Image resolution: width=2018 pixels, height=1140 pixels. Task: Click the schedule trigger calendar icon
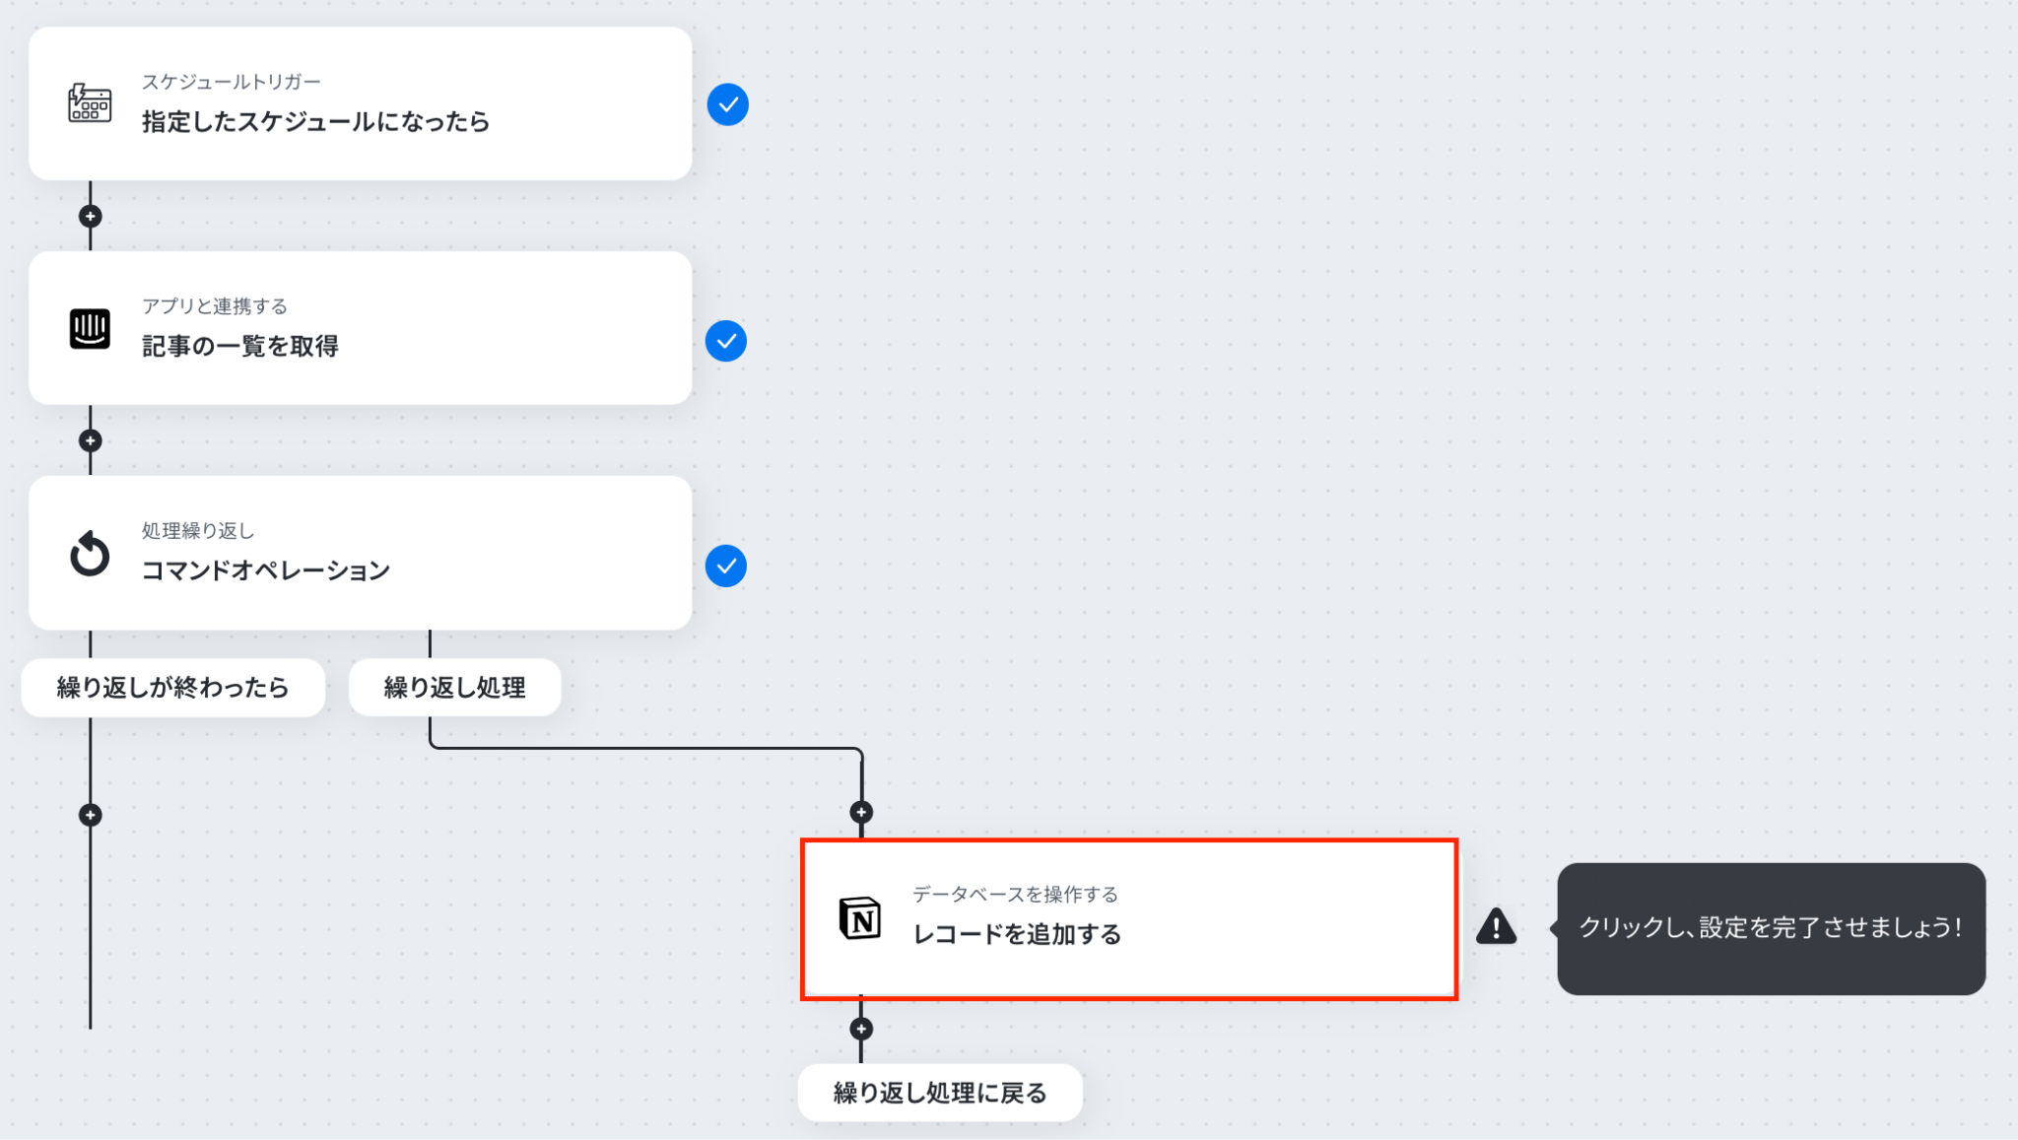point(90,102)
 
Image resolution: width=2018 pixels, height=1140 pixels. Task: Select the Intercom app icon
point(90,328)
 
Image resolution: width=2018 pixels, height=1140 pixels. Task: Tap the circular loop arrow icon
point(90,553)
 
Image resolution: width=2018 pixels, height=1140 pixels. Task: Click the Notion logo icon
point(859,918)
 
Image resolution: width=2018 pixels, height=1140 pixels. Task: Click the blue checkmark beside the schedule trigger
point(727,104)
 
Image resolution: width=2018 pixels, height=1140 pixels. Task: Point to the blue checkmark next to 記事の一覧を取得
point(726,341)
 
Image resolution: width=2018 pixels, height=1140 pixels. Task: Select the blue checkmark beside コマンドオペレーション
point(726,566)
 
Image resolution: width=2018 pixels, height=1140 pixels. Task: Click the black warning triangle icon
point(1496,926)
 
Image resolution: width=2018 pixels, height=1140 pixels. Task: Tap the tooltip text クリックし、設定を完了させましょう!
point(1771,927)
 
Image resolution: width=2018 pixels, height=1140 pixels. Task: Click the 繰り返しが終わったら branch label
point(172,687)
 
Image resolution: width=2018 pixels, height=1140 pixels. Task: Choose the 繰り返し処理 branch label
point(454,687)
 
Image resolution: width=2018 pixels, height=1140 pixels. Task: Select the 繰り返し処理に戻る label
point(940,1093)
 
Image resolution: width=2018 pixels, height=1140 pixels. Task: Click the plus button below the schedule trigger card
point(90,216)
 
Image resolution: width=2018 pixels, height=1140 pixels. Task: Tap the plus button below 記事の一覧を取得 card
point(90,440)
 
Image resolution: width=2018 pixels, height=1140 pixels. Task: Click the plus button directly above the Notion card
point(861,812)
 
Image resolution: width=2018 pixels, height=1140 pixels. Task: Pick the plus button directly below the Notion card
point(861,1029)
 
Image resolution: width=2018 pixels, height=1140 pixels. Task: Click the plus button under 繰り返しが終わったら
point(90,815)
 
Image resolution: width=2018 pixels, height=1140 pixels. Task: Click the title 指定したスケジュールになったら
point(315,121)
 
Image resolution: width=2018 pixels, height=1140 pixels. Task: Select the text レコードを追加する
point(1017,934)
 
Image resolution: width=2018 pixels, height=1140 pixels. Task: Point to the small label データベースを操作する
point(1015,894)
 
